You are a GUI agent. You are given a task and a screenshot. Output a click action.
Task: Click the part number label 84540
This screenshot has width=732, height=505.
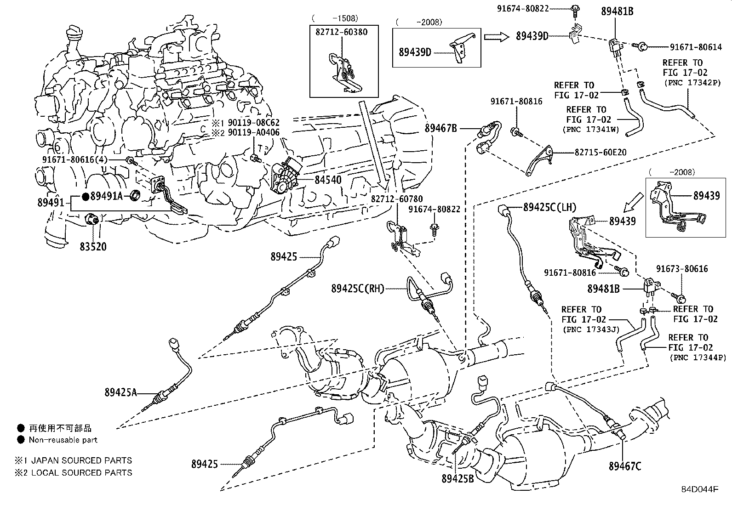328,180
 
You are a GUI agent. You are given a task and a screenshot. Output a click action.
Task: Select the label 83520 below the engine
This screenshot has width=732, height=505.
93,247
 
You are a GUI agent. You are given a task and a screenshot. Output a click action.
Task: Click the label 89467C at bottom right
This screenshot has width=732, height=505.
625,466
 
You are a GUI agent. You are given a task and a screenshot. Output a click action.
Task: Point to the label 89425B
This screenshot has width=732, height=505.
457,479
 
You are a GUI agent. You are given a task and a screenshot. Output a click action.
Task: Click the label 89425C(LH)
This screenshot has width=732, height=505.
549,208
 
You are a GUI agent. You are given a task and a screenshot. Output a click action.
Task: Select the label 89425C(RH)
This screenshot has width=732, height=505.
357,289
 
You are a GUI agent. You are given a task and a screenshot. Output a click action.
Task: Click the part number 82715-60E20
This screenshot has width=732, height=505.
600,152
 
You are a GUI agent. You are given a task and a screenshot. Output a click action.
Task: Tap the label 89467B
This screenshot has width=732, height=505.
440,128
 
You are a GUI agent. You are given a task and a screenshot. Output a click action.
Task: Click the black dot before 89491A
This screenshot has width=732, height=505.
86,197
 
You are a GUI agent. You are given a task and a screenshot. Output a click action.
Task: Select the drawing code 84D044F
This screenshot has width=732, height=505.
699,489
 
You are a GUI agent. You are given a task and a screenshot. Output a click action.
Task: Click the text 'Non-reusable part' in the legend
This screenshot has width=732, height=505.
63,440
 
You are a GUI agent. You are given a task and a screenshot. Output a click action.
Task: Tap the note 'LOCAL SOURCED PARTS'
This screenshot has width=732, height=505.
81,472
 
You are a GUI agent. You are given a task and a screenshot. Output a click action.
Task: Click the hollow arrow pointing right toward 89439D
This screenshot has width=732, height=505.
497,36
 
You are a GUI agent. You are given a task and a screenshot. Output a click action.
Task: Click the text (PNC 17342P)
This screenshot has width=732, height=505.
692,83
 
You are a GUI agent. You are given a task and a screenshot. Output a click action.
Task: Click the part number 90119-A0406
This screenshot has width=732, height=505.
253,133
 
